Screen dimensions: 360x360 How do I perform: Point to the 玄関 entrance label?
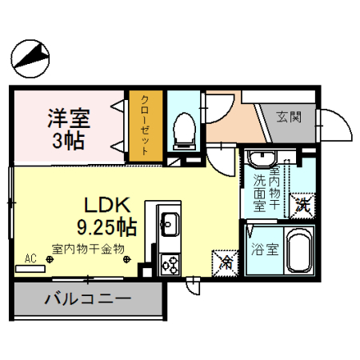tap(289, 117)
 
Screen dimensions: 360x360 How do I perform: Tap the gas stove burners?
tap(170, 261)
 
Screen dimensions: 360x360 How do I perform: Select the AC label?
tap(31, 258)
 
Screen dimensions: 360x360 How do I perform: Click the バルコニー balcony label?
tap(86, 302)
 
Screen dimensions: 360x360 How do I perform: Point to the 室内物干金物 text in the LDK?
tap(88, 249)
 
